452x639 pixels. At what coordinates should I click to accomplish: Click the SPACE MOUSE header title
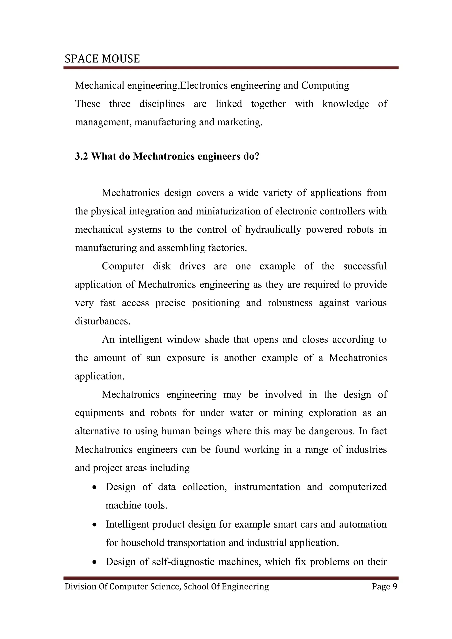102,59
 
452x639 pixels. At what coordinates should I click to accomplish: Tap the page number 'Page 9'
384,586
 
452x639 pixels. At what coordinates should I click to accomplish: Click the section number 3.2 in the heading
81,156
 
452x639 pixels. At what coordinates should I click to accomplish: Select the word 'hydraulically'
273,230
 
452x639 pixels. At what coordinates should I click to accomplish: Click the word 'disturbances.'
102,321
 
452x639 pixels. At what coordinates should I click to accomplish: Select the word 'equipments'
99,413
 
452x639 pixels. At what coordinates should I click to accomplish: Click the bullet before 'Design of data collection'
95,488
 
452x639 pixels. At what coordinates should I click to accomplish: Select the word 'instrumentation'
267,487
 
